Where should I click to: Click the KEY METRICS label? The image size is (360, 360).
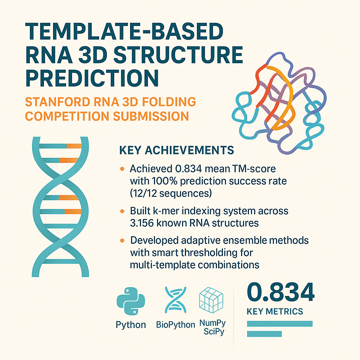275,311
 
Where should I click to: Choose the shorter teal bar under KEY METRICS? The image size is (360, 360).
264,334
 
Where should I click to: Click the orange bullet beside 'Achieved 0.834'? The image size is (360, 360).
122,169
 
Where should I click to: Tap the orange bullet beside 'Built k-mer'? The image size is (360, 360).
122,211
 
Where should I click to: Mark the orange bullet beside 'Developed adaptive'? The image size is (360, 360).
122,241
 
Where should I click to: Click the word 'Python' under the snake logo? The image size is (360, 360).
131,324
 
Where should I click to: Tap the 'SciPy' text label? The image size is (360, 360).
214,332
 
